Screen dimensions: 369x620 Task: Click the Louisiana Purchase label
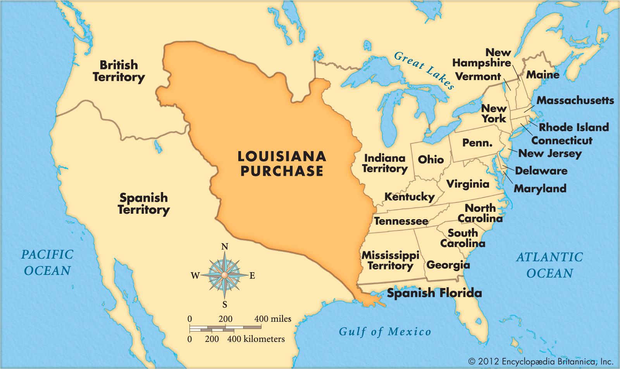[282, 163]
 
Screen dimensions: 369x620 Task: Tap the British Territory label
[118, 70]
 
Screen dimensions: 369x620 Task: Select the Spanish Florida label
[434, 293]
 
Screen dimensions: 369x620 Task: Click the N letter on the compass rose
[224, 247]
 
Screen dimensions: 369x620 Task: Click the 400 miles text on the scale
[273, 319]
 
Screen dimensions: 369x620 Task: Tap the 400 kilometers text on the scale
[256, 339]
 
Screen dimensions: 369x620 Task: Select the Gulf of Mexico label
[385, 331]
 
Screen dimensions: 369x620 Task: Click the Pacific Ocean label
[47, 262]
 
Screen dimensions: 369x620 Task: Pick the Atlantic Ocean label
[549, 265]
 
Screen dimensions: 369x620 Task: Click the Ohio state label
[431, 160]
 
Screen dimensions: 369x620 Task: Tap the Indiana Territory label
[385, 163]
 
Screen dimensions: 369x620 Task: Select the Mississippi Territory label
[390, 260]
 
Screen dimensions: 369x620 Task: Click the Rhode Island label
[574, 127]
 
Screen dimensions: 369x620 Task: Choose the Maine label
[542, 74]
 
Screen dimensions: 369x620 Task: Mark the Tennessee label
[401, 221]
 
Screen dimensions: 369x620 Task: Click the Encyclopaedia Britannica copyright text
[541, 362]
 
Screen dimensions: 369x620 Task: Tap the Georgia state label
[448, 265]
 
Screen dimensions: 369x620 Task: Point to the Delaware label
[541, 171]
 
